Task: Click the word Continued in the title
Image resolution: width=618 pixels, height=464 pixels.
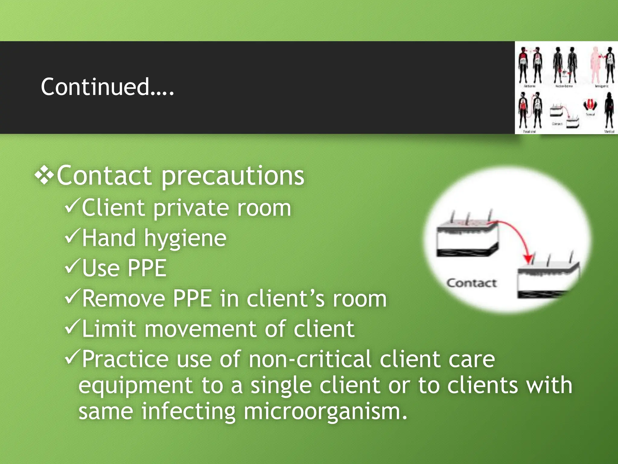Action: [x=95, y=87]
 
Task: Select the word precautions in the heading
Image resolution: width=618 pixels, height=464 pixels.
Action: [x=233, y=176]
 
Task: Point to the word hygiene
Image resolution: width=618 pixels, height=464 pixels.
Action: [x=185, y=239]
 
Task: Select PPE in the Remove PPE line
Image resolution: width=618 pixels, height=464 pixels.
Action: [x=192, y=298]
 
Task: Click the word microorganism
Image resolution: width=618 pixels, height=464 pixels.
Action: [x=325, y=411]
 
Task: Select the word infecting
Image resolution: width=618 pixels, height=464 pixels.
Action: [x=188, y=411]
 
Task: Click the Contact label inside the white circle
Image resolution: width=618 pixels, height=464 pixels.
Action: [x=471, y=283]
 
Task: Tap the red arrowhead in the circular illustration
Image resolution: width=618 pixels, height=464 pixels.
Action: [x=528, y=259]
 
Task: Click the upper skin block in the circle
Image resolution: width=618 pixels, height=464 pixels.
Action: [x=467, y=239]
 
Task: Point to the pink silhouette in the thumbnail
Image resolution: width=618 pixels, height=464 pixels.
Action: [x=595, y=65]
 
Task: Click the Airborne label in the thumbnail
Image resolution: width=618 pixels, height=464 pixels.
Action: [x=529, y=86]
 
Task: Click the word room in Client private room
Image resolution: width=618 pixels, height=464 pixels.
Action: [x=264, y=208]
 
